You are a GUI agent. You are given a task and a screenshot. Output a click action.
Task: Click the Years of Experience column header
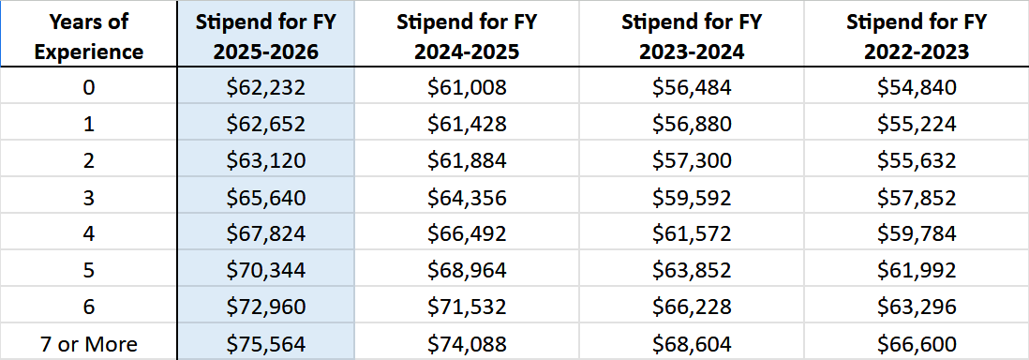tap(89, 35)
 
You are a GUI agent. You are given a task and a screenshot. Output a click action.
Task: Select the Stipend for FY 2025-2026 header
tap(266, 35)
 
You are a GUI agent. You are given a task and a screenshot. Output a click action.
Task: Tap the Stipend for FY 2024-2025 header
tap(467, 35)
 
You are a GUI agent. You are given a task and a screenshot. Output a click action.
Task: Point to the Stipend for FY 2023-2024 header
tap(692, 35)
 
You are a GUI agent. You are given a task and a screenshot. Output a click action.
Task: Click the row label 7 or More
tap(89, 344)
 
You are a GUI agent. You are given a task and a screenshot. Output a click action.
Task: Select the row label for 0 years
tap(89, 88)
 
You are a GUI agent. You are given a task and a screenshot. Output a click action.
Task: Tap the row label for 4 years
tap(89, 234)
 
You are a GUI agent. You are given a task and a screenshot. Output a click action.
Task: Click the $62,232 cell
tap(266, 88)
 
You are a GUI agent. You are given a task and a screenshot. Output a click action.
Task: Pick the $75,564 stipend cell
tap(266, 344)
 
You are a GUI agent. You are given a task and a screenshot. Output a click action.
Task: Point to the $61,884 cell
tap(467, 161)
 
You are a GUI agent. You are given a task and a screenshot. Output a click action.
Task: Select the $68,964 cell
tap(467, 271)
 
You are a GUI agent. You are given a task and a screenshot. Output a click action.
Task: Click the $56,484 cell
tap(692, 88)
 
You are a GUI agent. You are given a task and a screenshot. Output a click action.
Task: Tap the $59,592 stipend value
tap(692, 198)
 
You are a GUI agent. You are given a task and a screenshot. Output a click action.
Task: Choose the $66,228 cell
tap(692, 307)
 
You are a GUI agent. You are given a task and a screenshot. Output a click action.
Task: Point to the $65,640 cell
tap(266, 198)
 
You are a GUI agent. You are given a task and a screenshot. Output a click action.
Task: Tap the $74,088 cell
tap(467, 344)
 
